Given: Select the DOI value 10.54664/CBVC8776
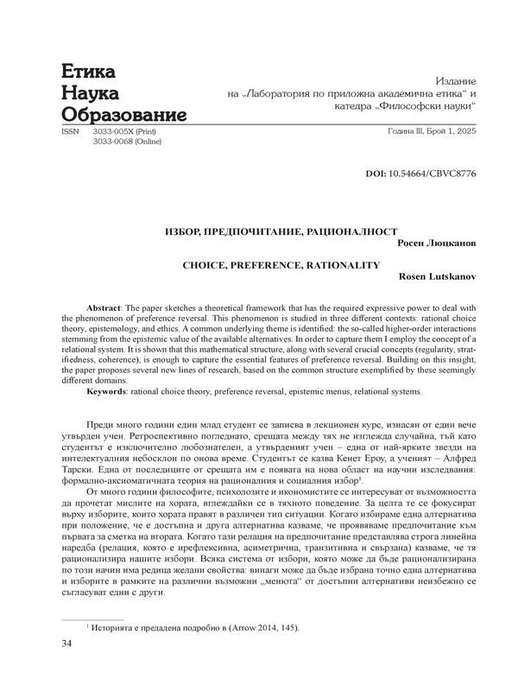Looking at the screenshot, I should [x=435, y=174].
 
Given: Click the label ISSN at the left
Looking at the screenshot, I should [x=63, y=132].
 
